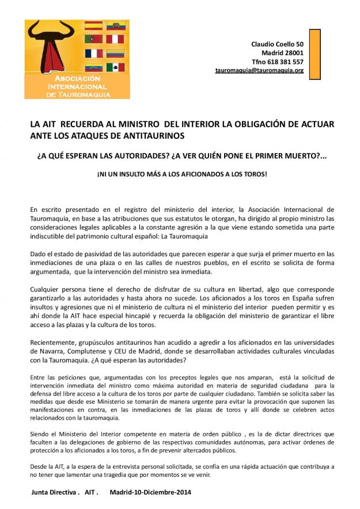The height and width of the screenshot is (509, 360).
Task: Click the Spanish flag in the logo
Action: click(93, 26)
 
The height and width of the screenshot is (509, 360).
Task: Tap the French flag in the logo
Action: click(93, 53)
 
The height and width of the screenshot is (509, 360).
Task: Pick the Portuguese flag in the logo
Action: click(93, 39)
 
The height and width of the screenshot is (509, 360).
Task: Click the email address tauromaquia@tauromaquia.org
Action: click(259, 70)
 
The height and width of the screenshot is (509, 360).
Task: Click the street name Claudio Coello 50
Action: click(277, 44)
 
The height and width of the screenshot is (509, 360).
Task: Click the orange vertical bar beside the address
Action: click(314, 54)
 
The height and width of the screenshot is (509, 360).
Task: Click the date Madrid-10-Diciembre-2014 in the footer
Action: click(150, 493)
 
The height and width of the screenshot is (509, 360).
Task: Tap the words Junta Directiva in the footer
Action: click(54, 493)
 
